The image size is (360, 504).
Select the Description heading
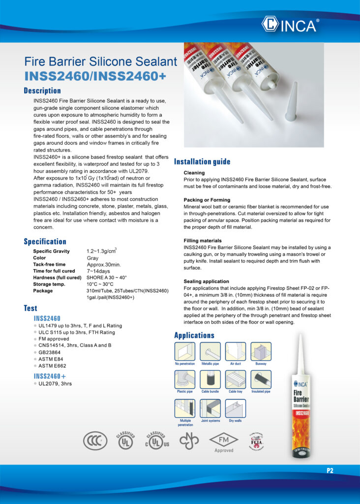click(42, 91)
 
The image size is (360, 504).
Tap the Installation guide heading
click(202, 161)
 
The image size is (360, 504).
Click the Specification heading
click(45, 241)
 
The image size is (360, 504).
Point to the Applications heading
click(194, 335)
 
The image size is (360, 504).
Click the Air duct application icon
click(236, 351)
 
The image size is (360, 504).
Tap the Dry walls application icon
click(236, 408)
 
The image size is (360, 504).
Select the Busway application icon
click(261, 351)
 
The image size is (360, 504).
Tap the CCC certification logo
click(95, 441)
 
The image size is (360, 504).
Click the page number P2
click(330, 471)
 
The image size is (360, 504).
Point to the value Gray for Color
click(92, 258)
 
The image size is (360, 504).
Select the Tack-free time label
click(49, 264)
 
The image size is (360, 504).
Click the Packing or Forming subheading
click(207, 200)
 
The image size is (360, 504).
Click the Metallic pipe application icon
click(210, 351)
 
